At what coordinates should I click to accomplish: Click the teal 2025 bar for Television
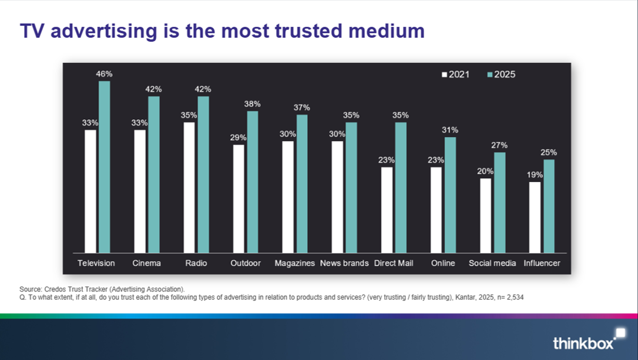click(104, 167)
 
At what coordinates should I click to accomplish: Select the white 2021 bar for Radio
click(189, 188)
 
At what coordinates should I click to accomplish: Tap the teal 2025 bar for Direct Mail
click(401, 188)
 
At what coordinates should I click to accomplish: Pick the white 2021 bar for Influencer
click(535, 217)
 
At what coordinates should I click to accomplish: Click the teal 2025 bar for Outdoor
click(253, 182)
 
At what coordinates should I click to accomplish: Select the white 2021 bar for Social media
click(485, 216)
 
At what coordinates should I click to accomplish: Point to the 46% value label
click(105, 74)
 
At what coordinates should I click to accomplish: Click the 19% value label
click(535, 174)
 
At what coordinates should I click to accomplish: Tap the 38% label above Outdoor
click(253, 104)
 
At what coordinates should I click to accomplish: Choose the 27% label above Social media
click(499, 145)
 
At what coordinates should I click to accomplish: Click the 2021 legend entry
click(456, 75)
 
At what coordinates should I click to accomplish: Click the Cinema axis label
click(147, 263)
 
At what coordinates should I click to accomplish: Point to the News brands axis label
click(344, 263)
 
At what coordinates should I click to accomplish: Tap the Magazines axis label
click(295, 263)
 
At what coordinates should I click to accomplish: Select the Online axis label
click(443, 263)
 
